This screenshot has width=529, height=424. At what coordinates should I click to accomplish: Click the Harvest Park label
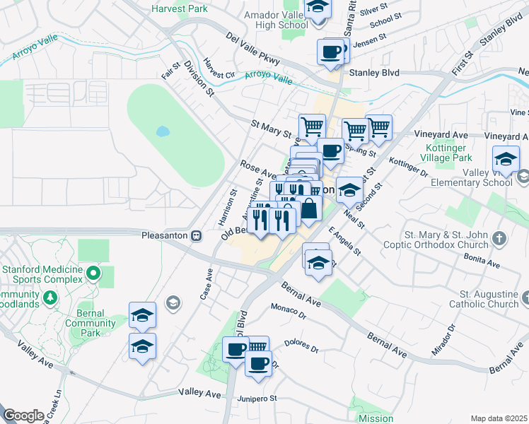point(180,9)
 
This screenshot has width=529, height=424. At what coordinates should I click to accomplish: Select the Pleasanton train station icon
point(199,235)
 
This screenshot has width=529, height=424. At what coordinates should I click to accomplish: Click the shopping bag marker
point(310,210)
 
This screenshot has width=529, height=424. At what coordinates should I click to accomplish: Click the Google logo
point(23,416)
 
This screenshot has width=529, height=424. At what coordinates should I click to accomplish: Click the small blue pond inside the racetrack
point(162,131)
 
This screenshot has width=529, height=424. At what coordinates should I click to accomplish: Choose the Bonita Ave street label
point(483,262)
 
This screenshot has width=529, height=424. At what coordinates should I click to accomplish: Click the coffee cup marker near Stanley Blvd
point(332,53)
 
